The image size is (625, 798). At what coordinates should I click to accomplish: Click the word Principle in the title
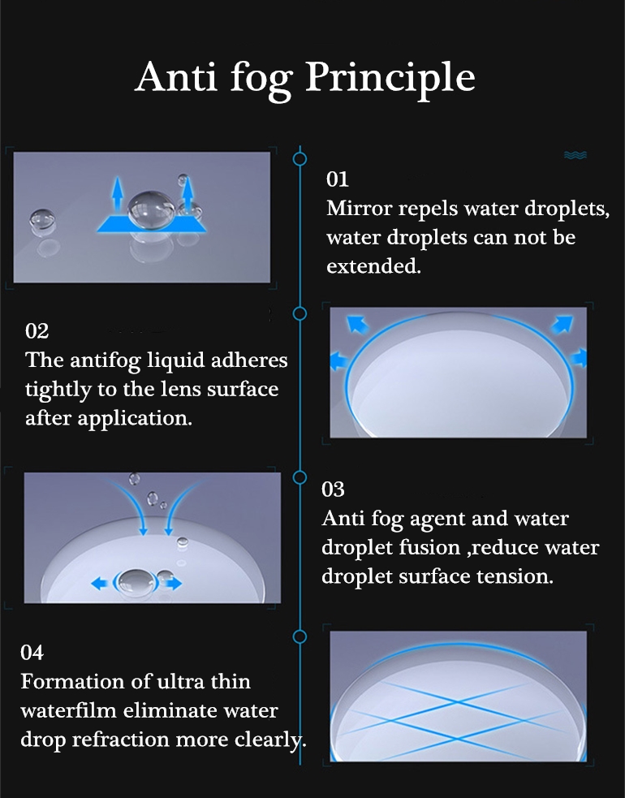(x=390, y=78)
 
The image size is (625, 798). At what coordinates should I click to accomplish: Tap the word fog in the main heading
(x=261, y=80)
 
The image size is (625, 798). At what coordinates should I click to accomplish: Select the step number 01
(x=338, y=179)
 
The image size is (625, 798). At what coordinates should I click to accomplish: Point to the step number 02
(x=37, y=331)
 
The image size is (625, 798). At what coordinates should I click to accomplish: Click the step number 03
(x=333, y=490)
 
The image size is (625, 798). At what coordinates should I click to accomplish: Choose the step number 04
(x=32, y=653)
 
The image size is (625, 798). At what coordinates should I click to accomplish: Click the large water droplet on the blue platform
(x=152, y=209)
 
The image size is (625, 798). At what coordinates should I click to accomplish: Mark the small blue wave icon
(x=575, y=155)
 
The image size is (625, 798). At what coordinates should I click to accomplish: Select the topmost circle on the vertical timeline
(x=300, y=159)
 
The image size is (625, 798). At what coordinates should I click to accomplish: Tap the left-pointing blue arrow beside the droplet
(x=99, y=583)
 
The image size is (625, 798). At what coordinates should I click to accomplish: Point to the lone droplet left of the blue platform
(x=42, y=220)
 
